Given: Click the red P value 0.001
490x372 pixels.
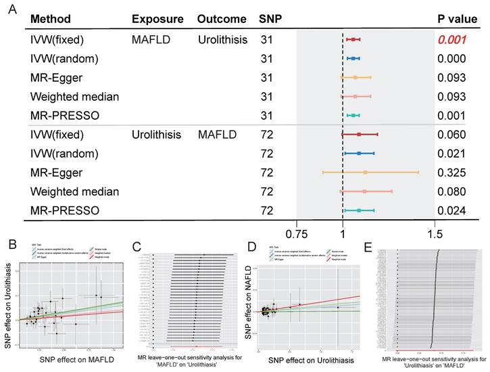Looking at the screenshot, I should click(x=451, y=40).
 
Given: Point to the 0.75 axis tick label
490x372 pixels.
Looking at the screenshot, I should click(x=296, y=234).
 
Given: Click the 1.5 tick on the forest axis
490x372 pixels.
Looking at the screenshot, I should click(x=435, y=234).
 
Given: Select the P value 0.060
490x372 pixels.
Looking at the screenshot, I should click(x=451, y=135).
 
